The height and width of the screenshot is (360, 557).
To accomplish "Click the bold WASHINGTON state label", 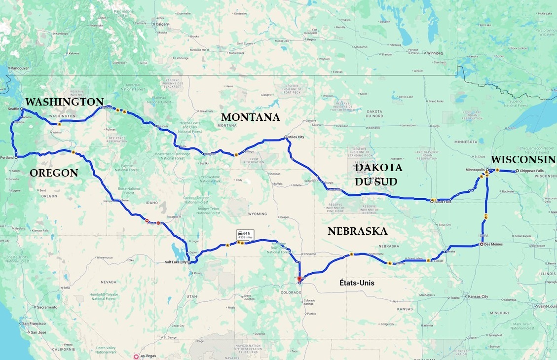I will tap(64, 102).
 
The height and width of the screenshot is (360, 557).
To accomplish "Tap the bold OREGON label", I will tap(54, 173).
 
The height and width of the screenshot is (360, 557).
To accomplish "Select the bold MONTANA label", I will tap(250, 117).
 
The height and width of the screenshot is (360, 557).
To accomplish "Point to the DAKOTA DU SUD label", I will tap(379, 175).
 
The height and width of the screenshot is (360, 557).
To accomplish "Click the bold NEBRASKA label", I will tap(357, 231).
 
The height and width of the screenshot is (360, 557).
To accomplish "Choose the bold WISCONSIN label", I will tap(523, 160).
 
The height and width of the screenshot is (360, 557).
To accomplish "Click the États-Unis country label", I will tap(356, 283).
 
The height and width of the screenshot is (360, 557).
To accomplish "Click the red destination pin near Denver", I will tap(299, 279).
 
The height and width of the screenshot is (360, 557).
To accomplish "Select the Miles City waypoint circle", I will tap(286, 137).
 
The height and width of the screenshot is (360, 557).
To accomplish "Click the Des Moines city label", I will tap(493, 244).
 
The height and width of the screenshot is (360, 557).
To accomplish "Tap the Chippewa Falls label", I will tap(531, 171).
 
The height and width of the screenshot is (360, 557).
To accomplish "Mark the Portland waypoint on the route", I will tap(16, 158).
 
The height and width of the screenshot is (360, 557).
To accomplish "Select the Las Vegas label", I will tap(147, 356).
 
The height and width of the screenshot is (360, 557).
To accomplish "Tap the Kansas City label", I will tap(478, 297).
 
